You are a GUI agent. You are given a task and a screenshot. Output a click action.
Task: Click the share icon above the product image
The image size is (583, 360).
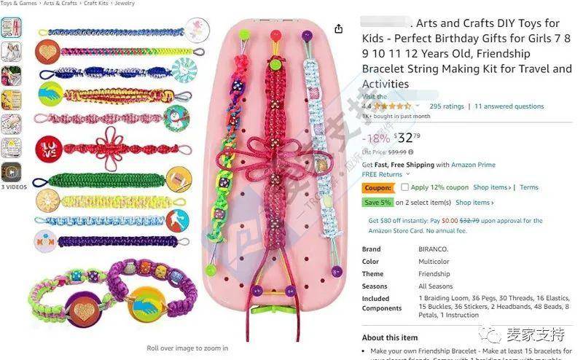[339, 29]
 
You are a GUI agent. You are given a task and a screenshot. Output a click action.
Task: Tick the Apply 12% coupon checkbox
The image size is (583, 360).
[405, 187]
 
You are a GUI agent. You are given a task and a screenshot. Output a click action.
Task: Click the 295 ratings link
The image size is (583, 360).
[447, 106]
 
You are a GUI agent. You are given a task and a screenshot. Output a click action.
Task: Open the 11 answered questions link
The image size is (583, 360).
[509, 106]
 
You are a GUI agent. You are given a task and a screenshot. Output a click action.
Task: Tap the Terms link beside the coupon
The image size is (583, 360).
[528, 187]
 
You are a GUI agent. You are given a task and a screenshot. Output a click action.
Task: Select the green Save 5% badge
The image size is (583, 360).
[377, 203]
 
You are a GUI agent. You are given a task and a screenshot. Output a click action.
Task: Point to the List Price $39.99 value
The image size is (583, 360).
[396, 152]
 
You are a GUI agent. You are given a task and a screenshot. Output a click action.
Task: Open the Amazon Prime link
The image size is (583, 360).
[474, 165]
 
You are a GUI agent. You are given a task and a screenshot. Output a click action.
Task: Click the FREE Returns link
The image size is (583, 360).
[382, 175]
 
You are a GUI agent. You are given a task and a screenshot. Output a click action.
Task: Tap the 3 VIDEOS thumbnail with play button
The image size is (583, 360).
[11, 172]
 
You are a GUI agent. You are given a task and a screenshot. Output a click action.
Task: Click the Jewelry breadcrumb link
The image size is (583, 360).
[125, 4]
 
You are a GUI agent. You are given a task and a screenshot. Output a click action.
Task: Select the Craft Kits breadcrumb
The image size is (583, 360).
[95, 4]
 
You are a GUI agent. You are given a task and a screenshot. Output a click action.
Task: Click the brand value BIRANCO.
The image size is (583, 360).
[434, 249]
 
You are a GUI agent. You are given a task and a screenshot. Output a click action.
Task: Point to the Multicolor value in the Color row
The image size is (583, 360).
[434, 262]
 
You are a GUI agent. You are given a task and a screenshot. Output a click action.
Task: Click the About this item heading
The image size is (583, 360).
[390, 337]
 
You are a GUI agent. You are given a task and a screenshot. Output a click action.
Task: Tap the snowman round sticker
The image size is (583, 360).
[176, 117]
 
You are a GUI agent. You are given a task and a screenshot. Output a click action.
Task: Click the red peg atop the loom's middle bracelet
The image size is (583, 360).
[275, 34]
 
